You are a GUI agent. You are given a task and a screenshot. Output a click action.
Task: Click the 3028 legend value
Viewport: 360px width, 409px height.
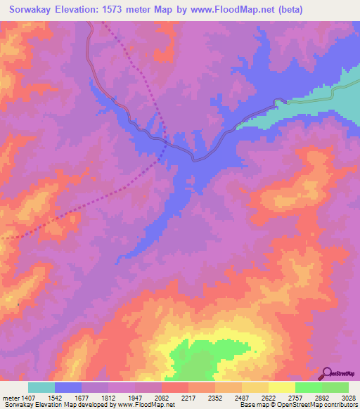pyautogui.click(x=349, y=398)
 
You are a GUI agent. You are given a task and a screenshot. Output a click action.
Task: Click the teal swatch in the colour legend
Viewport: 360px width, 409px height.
pyautogui.click(x=41, y=388)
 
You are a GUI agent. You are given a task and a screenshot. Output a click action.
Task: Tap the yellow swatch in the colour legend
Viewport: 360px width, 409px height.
pyautogui.click(x=282, y=388)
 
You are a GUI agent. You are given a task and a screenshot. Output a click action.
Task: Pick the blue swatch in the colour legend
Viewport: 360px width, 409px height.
pyautogui.click(x=68, y=388)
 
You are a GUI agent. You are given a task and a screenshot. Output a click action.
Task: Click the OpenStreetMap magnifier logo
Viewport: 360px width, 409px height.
pyautogui.click(x=326, y=373)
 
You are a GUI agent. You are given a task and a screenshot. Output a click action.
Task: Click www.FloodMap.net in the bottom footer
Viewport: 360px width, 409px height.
pyautogui.click(x=148, y=405)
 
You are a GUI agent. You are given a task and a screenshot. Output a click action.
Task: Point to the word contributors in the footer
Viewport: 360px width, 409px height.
pyautogui.click(x=337, y=405)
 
